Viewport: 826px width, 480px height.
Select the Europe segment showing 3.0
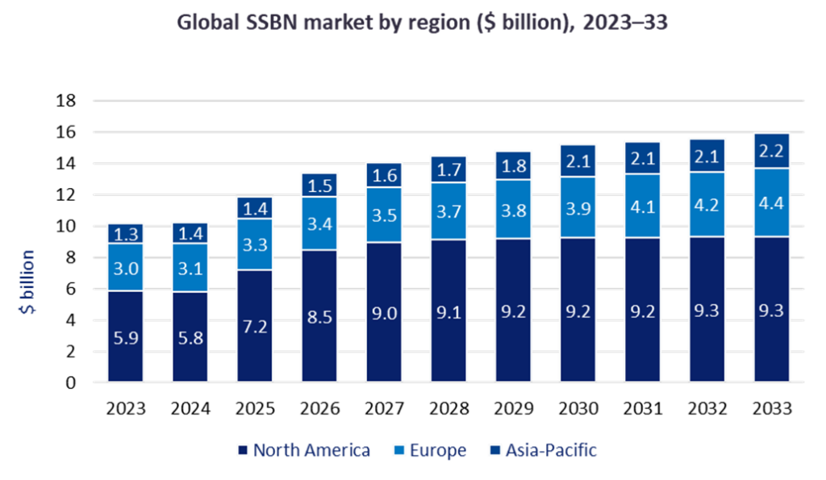125,267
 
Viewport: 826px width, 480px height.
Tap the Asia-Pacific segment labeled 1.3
125,234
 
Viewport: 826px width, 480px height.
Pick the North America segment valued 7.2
255,327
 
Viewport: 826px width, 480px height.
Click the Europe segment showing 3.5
385,215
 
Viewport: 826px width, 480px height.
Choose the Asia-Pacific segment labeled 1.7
449,169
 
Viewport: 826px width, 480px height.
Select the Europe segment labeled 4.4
771,202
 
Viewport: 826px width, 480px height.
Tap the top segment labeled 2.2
771,151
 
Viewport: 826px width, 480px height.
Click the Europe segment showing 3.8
513,209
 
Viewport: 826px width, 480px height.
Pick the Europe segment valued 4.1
642,206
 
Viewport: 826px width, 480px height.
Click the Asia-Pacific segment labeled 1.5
320,185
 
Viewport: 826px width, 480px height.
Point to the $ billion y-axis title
27,282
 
